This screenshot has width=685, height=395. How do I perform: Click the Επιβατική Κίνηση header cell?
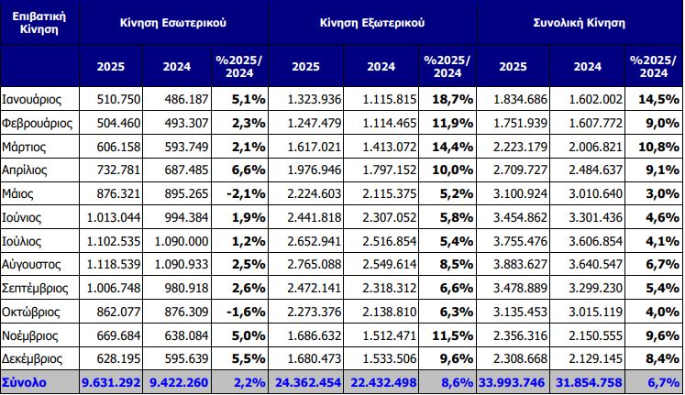pyautogui.click(x=39, y=22)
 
